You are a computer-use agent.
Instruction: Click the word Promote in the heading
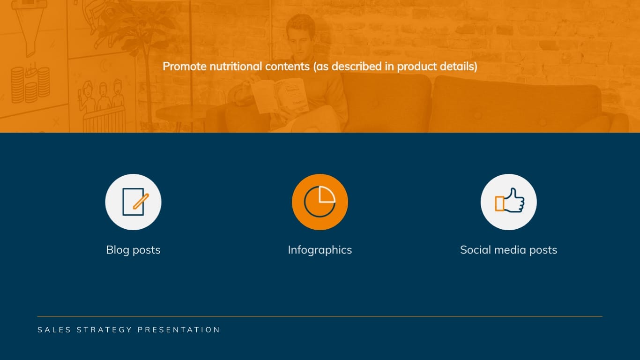[185, 67]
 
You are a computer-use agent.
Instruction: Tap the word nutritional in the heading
[236, 67]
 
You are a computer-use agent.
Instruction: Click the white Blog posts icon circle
[133, 202]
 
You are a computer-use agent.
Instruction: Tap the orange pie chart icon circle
[320, 202]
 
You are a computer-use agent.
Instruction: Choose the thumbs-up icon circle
[508, 202]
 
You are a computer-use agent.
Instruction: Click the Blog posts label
[133, 250]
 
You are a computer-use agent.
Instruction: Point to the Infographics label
[320, 250]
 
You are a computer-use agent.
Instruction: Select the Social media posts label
[508, 250]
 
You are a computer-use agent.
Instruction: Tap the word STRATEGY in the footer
[104, 330]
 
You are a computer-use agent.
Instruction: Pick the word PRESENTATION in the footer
[179, 330]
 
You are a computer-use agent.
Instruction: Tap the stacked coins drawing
[30, 84]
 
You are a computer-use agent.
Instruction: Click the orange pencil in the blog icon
[141, 201]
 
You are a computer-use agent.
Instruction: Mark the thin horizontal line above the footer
[320, 316]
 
